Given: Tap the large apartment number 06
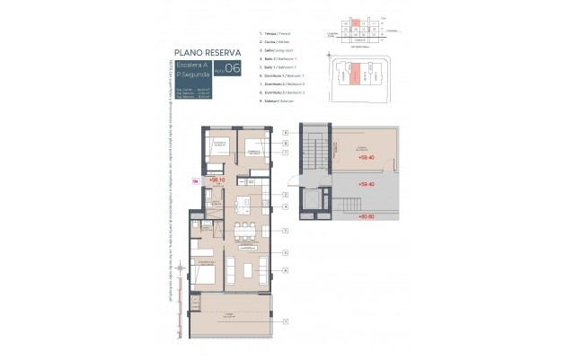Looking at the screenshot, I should tap(232, 68).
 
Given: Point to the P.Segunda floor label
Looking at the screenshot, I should tap(192, 75).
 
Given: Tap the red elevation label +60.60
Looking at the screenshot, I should tap(365, 216).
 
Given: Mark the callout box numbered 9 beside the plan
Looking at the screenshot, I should tap(285, 132).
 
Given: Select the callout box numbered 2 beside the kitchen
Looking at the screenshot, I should tap(285, 194).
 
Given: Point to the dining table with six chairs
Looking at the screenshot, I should tap(243, 231).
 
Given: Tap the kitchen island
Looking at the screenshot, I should tap(243, 202).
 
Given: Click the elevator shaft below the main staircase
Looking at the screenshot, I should tap(310, 198).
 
